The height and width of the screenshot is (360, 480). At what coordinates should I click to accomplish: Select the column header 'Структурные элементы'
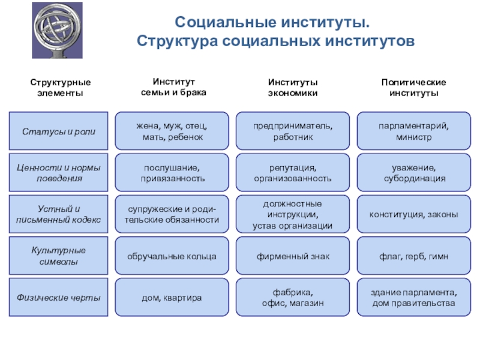pos(58,88)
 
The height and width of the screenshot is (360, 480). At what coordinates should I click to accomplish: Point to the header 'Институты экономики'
pos(293,88)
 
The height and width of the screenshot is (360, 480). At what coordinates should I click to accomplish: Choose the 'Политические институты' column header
pos(413,88)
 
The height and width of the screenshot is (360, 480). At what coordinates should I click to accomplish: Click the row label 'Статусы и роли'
pos(58,131)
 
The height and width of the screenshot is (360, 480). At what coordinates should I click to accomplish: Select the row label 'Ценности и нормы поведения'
pos(58,173)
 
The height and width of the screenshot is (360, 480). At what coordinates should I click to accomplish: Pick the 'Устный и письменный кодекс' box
pos(58,214)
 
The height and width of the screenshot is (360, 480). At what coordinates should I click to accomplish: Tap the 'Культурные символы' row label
pos(58,256)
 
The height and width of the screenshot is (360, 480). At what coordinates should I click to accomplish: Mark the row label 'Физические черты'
pos(58,298)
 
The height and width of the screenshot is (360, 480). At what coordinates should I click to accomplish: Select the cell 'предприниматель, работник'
pos(293,131)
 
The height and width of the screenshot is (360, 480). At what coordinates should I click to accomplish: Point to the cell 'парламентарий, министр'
pos(413,131)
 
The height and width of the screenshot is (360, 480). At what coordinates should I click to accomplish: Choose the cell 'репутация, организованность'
pos(293,173)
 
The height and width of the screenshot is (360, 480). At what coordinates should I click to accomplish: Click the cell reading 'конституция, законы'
pos(413,214)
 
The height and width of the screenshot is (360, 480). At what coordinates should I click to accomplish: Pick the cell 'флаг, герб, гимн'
pos(413,256)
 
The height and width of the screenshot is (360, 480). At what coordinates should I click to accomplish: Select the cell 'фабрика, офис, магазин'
pos(293,298)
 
